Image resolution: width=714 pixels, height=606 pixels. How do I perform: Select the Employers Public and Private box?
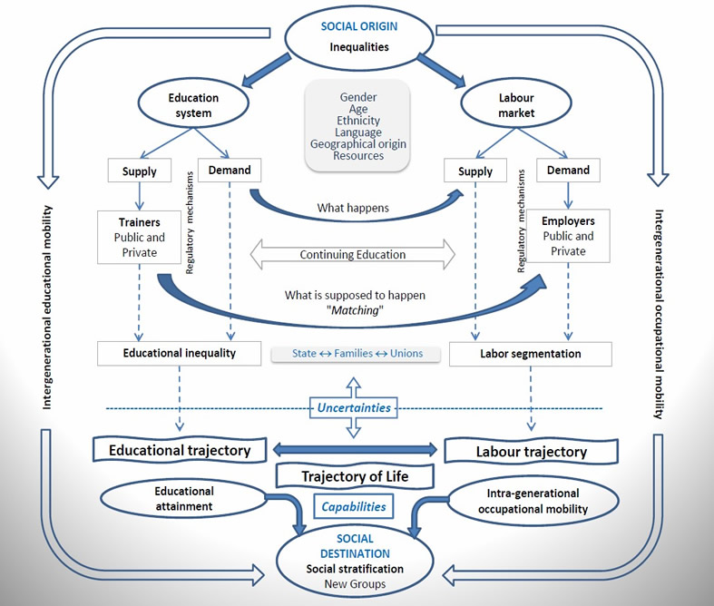click(567, 236)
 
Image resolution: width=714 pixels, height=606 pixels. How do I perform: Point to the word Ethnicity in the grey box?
click(358, 121)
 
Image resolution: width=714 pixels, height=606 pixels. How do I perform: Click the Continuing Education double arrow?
click(353, 255)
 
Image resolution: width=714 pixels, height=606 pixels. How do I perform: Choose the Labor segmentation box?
click(531, 354)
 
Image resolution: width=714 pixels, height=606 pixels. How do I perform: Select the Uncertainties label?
click(354, 407)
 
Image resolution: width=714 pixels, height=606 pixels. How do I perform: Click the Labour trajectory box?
click(532, 451)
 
